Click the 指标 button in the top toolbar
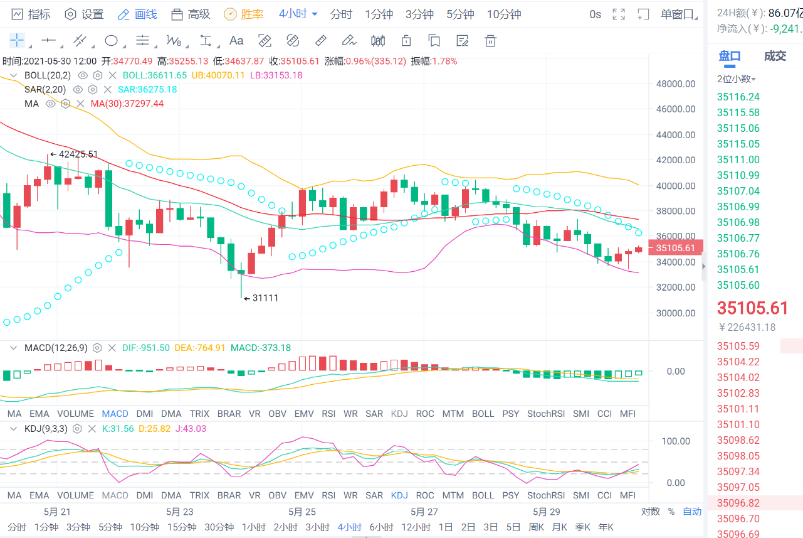[x=31, y=14]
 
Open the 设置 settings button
[x=85, y=14]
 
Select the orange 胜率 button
[x=244, y=14]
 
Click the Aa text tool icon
[x=236, y=41]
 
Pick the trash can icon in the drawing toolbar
[x=490, y=41]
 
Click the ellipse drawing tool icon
[x=111, y=41]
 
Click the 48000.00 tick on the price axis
[x=675, y=83]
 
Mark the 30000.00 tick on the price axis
[x=675, y=313]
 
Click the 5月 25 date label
[x=302, y=512]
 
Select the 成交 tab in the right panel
[x=775, y=56]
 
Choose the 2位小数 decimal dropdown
[x=737, y=79]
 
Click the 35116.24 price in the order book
[x=738, y=97]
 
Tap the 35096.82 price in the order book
[x=738, y=503]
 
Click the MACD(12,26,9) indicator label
[x=56, y=348]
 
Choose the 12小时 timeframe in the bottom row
[x=414, y=527]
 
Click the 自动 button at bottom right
[x=692, y=512]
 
